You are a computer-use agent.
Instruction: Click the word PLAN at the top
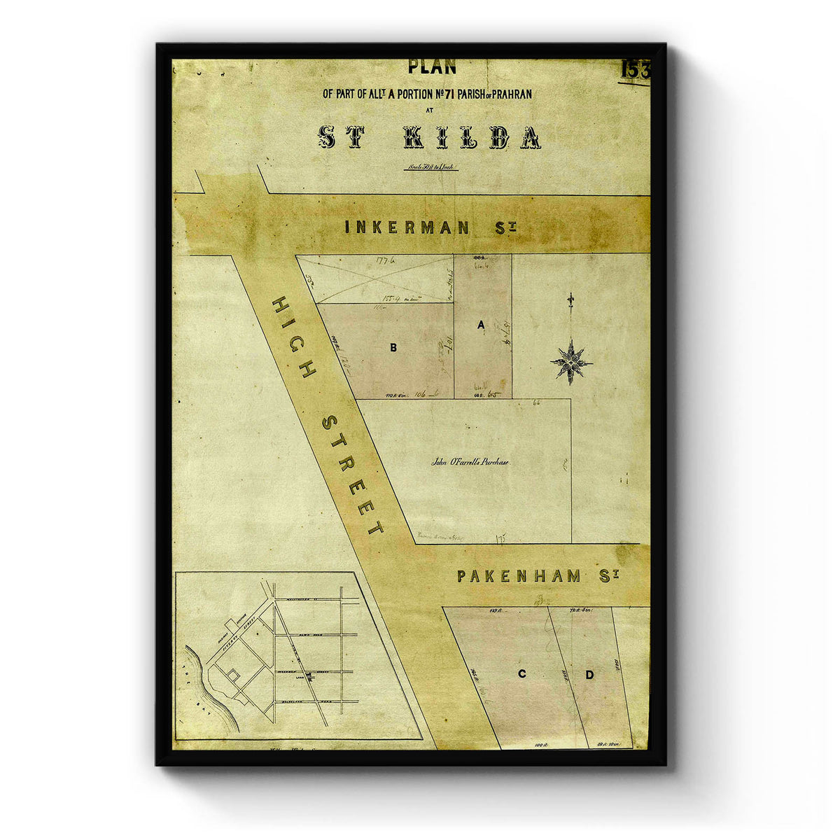click(x=432, y=68)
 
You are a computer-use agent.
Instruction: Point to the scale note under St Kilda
click(x=430, y=168)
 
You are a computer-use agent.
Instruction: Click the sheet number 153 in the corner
click(x=635, y=70)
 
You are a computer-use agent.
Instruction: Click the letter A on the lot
click(x=481, y=325)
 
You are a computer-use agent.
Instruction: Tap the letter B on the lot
click(x=393, y=347)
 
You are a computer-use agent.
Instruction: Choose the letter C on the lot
click(x=521, y=675)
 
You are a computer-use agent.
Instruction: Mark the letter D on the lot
click(x=589, y=675)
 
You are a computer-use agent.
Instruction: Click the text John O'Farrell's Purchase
click(x=470, y=462)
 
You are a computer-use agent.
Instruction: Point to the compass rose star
click(x=571, y=362)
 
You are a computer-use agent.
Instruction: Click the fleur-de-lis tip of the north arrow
click(x=571, y=300)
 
